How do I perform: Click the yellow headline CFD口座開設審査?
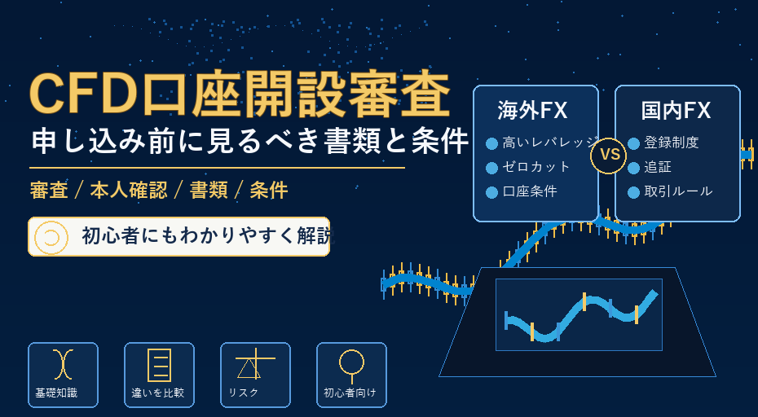(x=240, y=94)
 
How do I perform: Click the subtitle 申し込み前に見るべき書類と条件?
(x=250, y=141)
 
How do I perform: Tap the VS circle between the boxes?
(x=608, y=155)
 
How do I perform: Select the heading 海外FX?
(x=532, y=111)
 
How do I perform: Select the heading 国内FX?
(x=676, y=111)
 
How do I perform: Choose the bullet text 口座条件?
(x=530, y=191)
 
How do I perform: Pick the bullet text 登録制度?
(x=672, y=143)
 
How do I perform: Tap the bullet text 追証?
(x=658, y=167)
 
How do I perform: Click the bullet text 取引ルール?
(x=678, y=191)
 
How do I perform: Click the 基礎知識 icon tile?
(x=63, y=375)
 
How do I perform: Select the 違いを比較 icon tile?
(x=159, y=375)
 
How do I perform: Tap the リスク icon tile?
(x=255, y=375)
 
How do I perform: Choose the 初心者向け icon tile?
(x=351, y=375)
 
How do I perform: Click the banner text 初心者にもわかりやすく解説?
(x=208, y=236)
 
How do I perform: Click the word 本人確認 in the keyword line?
(x=129, y=191)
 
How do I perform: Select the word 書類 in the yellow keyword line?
(x=209, y=191)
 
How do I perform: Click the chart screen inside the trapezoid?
(x=579, y=314)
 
